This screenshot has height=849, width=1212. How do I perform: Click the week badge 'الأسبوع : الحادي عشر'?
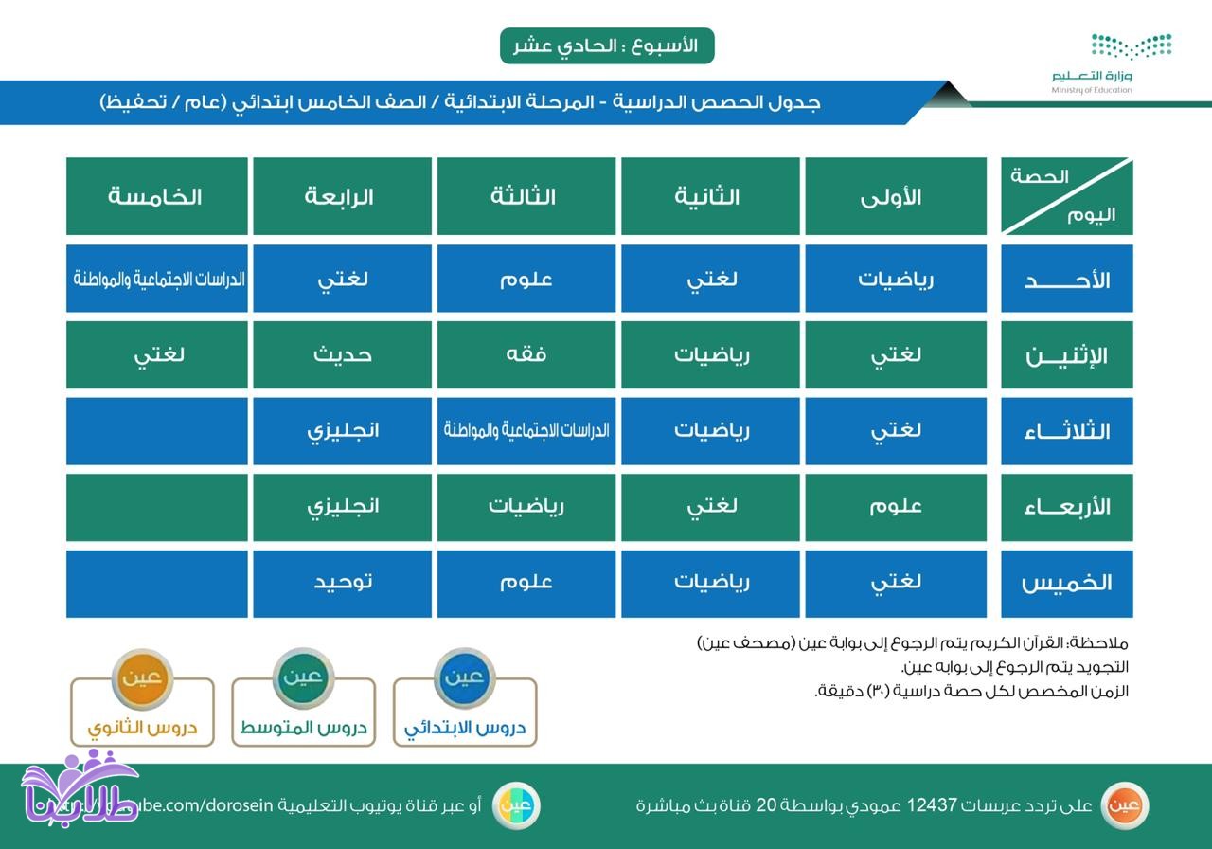606,46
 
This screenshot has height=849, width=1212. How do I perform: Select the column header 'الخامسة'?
156,196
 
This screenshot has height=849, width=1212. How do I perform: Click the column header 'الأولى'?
895,196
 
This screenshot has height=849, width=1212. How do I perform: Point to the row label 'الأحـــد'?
1066,280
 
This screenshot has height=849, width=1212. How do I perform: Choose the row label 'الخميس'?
1066,583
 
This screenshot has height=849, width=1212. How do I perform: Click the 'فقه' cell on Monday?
526,354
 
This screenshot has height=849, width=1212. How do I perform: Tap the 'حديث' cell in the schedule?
342,354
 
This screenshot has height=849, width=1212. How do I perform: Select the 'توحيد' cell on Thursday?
342,582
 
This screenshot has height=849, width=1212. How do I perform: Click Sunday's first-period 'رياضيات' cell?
895,280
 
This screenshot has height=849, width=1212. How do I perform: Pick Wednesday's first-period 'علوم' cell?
895,506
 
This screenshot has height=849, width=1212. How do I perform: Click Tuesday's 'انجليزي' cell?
342,430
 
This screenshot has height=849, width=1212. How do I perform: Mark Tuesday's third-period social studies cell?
526,430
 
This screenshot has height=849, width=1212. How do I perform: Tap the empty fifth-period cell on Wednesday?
156,506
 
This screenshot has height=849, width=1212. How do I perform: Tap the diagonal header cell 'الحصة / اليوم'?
1066,196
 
